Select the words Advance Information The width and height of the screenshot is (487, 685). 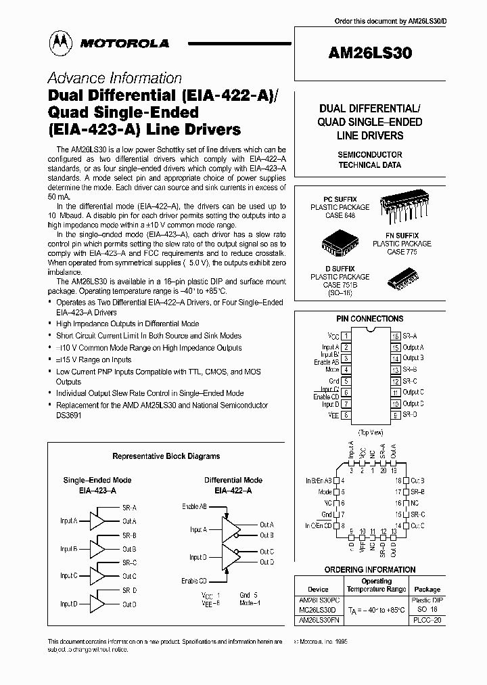coord(114,78)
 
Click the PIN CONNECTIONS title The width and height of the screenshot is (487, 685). coord(369,318)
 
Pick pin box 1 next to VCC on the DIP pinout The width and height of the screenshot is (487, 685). coord(346,335)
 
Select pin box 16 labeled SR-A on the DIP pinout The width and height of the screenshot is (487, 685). coord(395,335)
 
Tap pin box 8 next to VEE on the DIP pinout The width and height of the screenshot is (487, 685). coord(346,415)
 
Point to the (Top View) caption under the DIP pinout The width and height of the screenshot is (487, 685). coord(370,431)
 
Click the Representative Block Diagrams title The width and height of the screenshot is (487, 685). coord(166,456)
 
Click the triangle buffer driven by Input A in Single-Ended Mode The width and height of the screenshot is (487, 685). coord(99,521)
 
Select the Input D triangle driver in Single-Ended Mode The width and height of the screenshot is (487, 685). coord(99,603)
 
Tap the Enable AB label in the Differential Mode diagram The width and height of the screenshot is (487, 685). coord(194,506)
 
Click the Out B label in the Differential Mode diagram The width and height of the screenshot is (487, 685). coord(266,535)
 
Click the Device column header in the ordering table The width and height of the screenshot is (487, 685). coord(318,589)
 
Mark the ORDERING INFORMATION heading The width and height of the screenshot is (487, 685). coord(369,570)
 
